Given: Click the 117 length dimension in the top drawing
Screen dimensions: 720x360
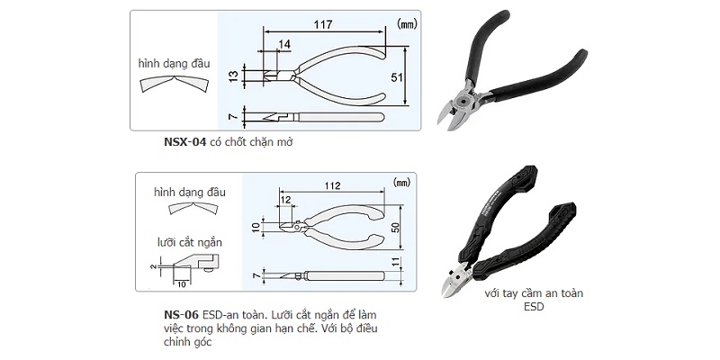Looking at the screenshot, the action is pyautogui.click(x=323, y=24).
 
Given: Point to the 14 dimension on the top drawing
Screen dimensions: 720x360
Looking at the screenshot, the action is pyautogui.click(x=284, y=44).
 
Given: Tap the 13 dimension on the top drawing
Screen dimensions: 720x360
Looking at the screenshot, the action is pyautogui.click(x=234, y=76).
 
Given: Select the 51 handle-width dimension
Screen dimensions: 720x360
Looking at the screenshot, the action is pyautogui.click(x=397, y=77).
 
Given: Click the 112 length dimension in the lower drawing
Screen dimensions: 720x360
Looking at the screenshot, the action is pyautogui.click(x=332, y=185).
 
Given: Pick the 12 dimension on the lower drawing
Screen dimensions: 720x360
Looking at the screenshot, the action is pyautogui.click(x=285, y=200).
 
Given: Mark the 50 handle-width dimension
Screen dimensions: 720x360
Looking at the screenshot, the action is pyautogui.click(x=394, y=227).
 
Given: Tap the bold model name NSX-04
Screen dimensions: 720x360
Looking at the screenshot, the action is pyautogui.click(x=185, y=142).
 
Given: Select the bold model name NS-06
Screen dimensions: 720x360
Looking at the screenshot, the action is pyautogui.click(x=181, y=315).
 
